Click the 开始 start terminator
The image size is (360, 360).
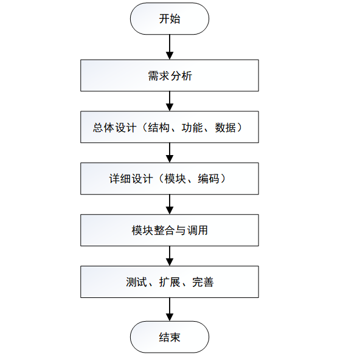coord(170,19)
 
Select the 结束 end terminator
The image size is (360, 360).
coord(170,337)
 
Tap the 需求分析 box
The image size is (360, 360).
coord(170,75)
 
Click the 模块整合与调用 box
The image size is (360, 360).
coord(170,230)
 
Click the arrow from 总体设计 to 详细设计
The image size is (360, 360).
coord(170,152)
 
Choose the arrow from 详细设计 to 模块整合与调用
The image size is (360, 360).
coord(170,204)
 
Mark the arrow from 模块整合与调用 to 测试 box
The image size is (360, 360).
coord(170,256)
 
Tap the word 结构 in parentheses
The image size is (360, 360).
coord(155,127)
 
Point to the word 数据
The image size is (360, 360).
coord(226,127)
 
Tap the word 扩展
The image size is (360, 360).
coord(170,282)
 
